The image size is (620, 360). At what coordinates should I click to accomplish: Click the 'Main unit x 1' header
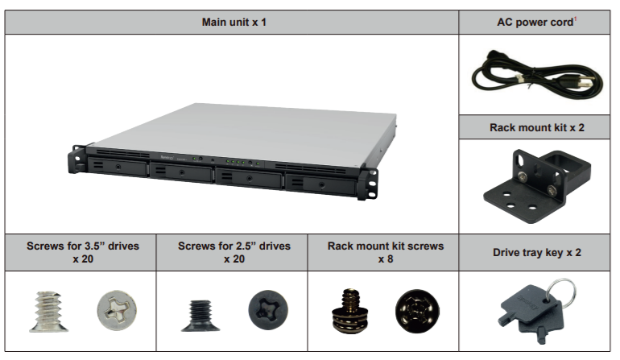(234, 22)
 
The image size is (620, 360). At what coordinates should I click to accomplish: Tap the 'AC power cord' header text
(535, 22)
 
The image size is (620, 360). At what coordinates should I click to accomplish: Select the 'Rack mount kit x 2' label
(536, 127)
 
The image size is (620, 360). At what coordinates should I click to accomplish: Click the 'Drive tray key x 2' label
(536, 252)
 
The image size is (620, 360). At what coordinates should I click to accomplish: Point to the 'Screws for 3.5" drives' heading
(80, 252)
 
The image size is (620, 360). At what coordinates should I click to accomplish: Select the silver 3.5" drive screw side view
(47, 311)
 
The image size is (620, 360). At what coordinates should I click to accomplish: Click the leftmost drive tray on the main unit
(117, 168)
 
